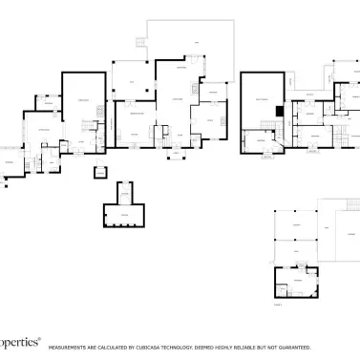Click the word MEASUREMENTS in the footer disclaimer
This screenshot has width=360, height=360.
click(70, 347)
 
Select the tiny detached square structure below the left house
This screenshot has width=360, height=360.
click(98, 172)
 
